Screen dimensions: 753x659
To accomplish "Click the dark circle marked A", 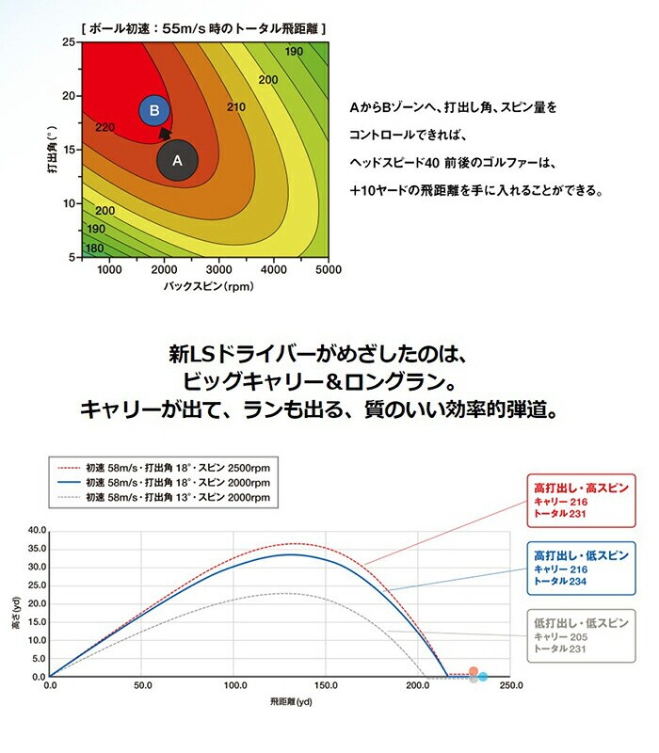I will [176, 160].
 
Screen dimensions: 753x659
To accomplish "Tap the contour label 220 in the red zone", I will [104, 127].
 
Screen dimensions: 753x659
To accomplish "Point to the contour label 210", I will [235, 107].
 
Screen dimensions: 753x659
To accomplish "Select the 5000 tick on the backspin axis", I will [327, 269].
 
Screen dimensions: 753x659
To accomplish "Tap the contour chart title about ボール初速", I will [204, 29].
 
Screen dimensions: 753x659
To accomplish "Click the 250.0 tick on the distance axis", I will [509, 687].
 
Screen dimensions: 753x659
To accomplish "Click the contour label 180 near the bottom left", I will [95, 248].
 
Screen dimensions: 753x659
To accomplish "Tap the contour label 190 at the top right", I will [293, 51].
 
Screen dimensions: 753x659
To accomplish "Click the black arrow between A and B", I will [166, 134].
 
